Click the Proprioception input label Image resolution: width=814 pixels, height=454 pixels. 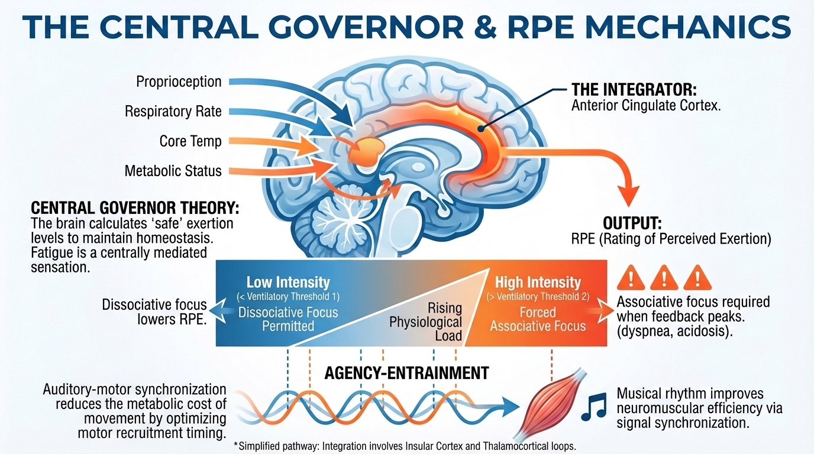[x=179, y=82]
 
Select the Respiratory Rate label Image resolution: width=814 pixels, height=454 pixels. [x=173, y=111]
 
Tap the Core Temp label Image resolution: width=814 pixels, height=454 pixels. [x=190, y=141]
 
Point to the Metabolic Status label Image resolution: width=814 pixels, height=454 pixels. [x=173, y=171]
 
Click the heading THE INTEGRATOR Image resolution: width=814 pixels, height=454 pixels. [x=634, y=90]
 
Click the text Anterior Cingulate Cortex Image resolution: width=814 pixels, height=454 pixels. [x=645, y=106]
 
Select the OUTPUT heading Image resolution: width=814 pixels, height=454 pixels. [x=632, y=223]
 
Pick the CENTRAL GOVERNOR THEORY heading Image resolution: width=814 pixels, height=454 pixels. [x=135, y=209]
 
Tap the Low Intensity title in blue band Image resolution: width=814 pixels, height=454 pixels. [x=288, y=282]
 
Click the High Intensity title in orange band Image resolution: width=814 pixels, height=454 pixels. [x=538, y=282]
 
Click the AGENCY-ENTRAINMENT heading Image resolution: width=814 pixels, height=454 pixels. [x=406, y=373]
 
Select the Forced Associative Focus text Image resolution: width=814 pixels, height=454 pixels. [x=538, y=319]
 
